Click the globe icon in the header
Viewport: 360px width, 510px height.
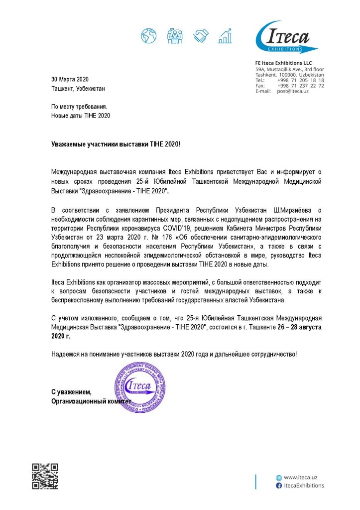pyautogui.click(x=148, y=35)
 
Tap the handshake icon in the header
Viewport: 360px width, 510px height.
pyautogui.click(x=202, y=35)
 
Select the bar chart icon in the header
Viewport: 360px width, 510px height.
pyautogui.click(x=227, y=35)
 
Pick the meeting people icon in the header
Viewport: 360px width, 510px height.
pyautogui.click(x=175, y=35)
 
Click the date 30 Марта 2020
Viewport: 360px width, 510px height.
pyautogui.click(x=70, y=79)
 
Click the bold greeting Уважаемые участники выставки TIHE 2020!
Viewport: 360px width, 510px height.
pyautogui.click(x=116, y=143)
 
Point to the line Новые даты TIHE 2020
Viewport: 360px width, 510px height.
pyautogui.click(x=81, y=116)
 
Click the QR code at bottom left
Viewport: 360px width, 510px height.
pyautogui.click(x=45, y=477)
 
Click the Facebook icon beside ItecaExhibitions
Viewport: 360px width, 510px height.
pyautogui.click(x=279, y=485)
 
